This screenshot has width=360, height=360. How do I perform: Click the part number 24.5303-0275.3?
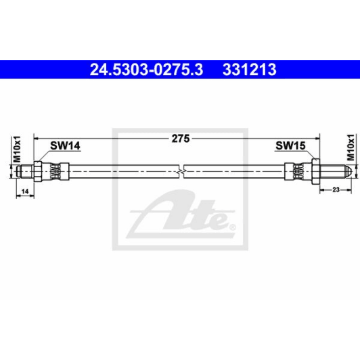[138, 69]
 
